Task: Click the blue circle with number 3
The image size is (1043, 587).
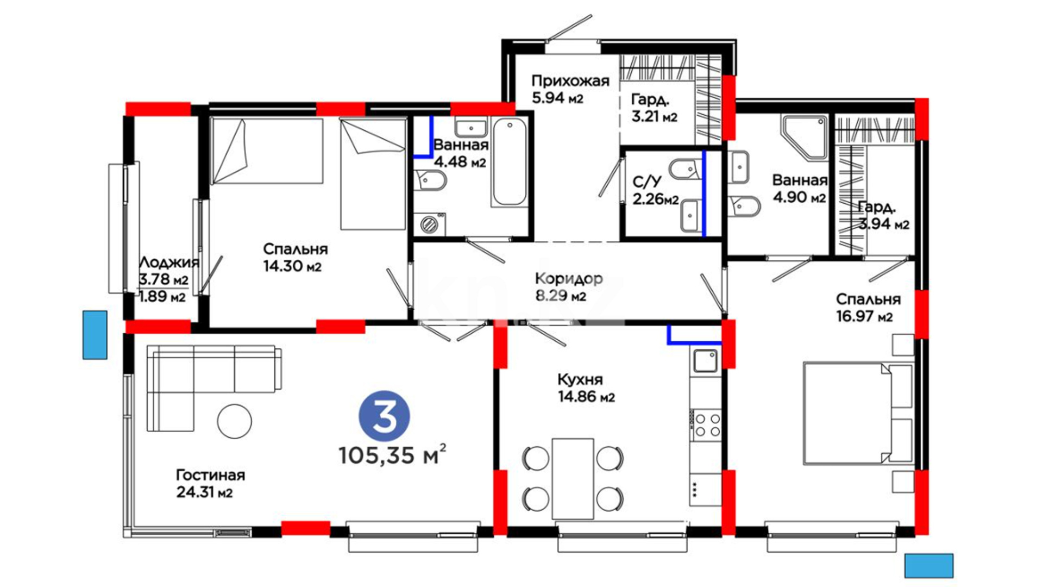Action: [385, 416]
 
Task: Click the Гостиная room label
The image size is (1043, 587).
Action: [210, 475]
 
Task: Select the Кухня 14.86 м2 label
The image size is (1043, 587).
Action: [586, 388]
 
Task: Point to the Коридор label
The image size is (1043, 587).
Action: [569, 279]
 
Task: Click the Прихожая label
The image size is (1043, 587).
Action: [570, 81]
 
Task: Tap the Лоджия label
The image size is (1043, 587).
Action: [169, 263]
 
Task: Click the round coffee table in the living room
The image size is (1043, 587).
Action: [235, 421]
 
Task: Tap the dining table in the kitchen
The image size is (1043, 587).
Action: [573, 479]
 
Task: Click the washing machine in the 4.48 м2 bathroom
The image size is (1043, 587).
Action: [430, 224]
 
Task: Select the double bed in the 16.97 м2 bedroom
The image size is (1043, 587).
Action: [858, 413]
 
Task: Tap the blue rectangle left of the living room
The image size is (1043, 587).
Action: [95, 335]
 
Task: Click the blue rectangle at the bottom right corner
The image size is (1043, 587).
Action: [929, 566]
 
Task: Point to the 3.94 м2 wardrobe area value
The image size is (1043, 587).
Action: [884, 224]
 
